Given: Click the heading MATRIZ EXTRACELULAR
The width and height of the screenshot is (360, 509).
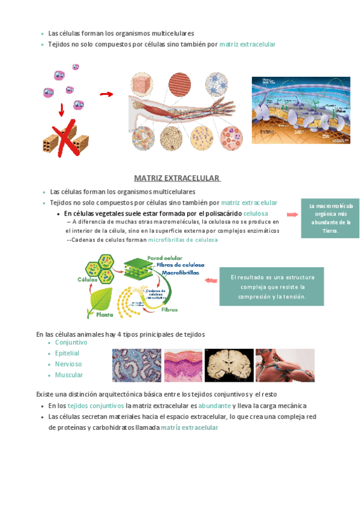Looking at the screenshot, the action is pos(177,178).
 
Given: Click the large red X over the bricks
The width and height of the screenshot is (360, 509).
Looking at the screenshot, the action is pos(66,138).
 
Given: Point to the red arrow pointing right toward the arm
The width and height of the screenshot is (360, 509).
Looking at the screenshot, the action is pos(106,94).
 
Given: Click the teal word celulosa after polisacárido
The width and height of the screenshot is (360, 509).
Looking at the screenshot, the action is pos(256,214).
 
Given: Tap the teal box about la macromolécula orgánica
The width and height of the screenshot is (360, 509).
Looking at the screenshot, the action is pos(330,218).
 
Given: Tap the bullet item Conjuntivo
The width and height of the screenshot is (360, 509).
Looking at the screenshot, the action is pos(71,342).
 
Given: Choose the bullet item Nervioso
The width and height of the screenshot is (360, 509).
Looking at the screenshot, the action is pos(68,364).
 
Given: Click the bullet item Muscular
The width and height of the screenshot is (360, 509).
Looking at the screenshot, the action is pos(69,375).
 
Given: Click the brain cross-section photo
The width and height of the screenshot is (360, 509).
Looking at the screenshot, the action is pos(229,365).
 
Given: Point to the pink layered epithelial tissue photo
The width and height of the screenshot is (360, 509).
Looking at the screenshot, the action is pos(183,365).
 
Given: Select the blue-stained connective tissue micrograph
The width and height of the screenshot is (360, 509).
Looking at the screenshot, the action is pos(137,365).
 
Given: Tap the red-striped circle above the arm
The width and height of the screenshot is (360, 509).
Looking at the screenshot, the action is pos(179,85).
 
